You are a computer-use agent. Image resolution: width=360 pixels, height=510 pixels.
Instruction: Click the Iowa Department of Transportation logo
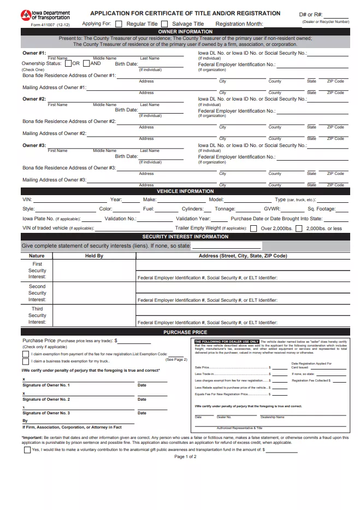point(45,15)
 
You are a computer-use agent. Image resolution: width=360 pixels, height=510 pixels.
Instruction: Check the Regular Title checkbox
point(119,24)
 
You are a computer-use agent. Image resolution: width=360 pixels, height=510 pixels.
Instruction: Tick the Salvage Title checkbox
point(164,24)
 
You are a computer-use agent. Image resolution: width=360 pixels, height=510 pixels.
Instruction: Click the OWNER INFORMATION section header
point(185,32)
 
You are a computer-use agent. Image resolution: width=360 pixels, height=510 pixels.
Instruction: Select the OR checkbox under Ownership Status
point(68,63)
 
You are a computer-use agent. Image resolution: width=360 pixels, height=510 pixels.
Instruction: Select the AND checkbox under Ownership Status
point(86,63)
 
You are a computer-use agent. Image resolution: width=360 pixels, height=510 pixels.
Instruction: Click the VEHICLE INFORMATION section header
point(185,191)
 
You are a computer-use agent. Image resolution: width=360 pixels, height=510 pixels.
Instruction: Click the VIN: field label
point(27,200)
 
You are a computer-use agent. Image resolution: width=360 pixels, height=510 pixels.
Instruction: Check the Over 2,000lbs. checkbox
point(253,228)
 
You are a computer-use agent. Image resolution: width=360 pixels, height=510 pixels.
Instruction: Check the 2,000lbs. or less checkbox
point(299,228)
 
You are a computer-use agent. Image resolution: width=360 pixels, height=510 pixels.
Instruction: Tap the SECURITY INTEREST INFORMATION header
point(185,237)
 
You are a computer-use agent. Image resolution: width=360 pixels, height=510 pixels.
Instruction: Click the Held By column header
point(94,256)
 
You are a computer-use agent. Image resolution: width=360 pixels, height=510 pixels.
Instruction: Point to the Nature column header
point(37,256)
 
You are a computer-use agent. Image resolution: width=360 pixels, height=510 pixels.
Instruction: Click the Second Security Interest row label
point(37,293)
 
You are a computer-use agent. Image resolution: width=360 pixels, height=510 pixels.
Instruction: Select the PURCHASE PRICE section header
point(185,332)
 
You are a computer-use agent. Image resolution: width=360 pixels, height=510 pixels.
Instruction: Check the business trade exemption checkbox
point(26,361)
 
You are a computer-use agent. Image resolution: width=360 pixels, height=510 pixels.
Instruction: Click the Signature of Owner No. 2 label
point(46,400)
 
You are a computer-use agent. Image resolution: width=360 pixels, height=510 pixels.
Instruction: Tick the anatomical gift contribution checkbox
point(27,450)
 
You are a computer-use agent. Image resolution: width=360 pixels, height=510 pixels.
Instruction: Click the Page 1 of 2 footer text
point(185,457)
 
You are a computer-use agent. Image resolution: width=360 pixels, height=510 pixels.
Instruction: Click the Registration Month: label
point(239,24)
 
